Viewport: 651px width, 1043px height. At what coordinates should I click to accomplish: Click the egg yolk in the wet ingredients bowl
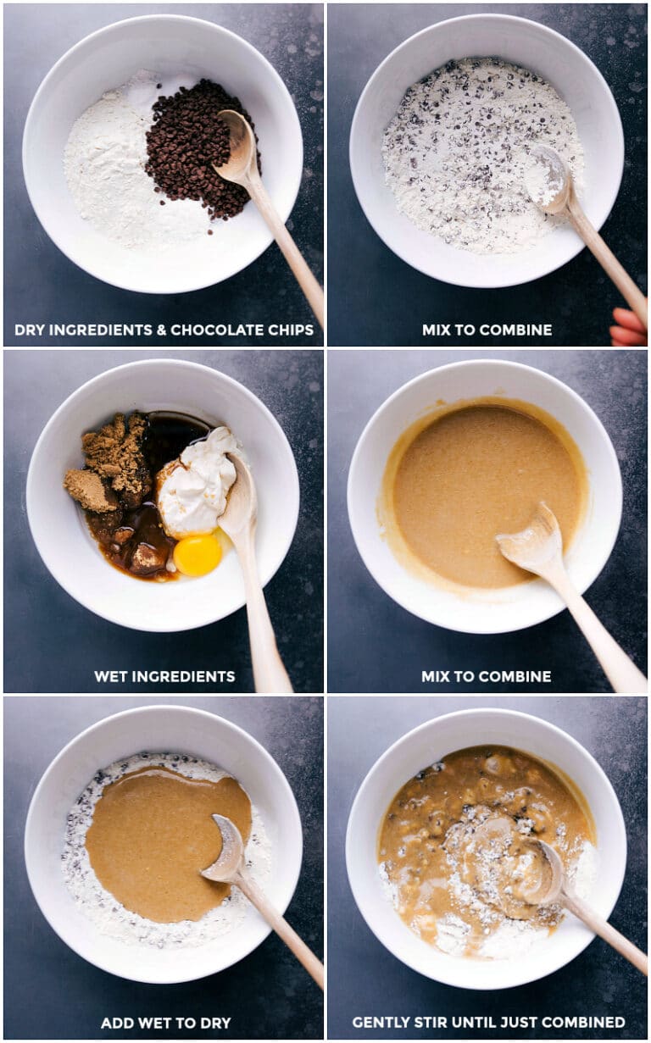[198, 555]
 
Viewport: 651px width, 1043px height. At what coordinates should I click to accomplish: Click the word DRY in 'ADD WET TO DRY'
[214, 1023]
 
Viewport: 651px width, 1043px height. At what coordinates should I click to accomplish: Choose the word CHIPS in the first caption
[290, 330]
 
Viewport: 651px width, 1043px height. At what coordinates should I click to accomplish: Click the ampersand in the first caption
[159, 330]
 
